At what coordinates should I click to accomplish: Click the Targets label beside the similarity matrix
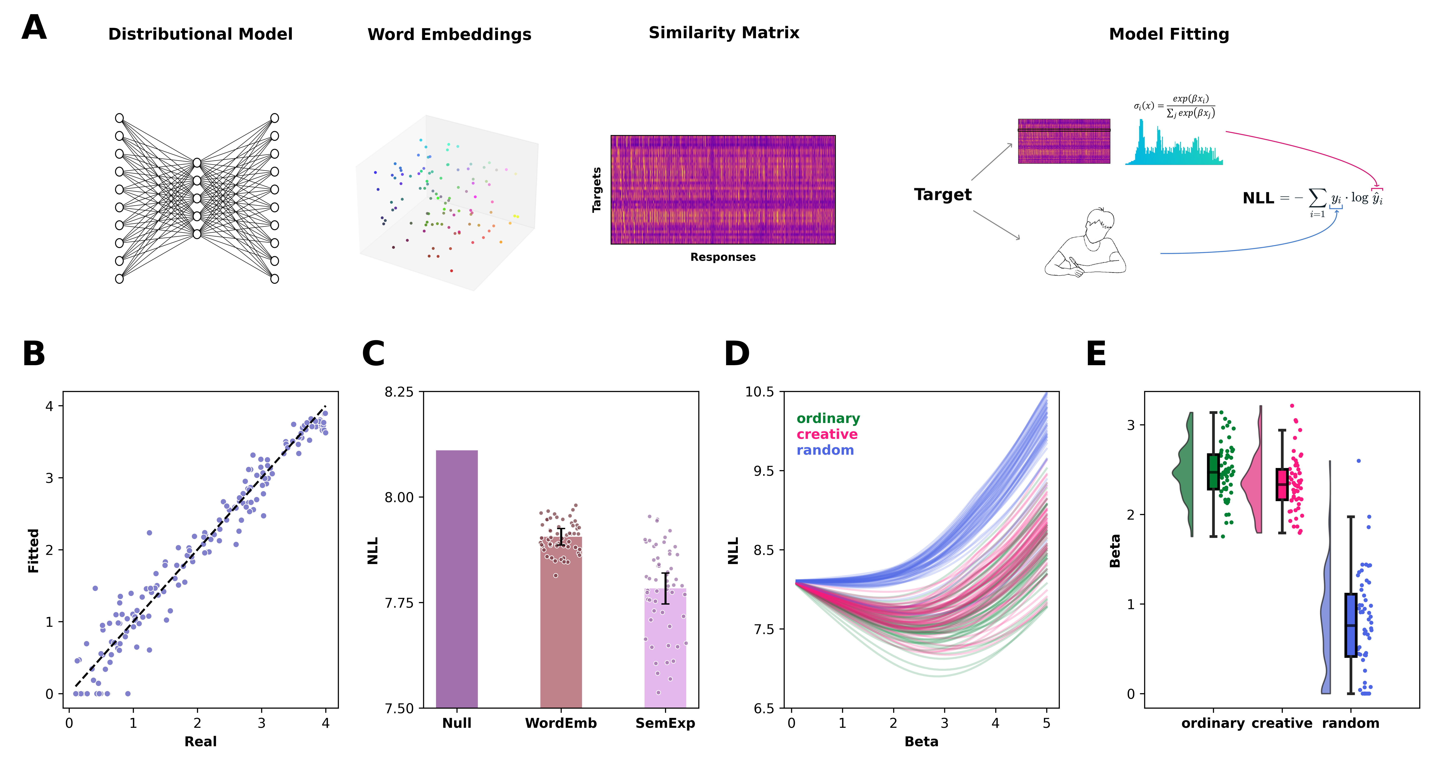596,190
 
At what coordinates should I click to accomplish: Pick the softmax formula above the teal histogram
1174,106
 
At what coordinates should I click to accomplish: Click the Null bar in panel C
457,578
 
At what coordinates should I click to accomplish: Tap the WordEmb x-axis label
561,723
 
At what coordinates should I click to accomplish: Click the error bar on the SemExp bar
665,588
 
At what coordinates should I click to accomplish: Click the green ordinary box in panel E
1213,472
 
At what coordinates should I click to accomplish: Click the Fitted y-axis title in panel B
34,550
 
